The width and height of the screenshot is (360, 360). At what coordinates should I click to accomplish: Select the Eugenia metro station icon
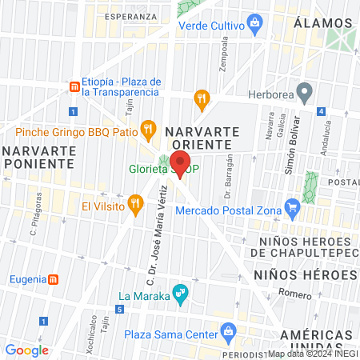(x=54, y=279)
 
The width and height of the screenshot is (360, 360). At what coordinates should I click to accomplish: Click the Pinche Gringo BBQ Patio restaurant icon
(x=147, y=126)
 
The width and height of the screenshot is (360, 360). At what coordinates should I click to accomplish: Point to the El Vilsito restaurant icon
(x=137, y=206)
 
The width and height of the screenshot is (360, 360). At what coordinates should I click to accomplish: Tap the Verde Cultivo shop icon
(x=254, y=25)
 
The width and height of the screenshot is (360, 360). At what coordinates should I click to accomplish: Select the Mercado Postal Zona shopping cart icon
(x=293, y=211)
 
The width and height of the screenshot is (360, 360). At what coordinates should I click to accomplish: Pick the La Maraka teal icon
(x=182, y=296)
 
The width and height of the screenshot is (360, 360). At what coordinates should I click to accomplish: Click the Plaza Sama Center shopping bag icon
(x=229, y=331)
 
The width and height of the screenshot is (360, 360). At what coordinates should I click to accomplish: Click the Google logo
(x=26, y=350)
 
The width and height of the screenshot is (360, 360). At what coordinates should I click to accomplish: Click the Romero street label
(x=296, y=293)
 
